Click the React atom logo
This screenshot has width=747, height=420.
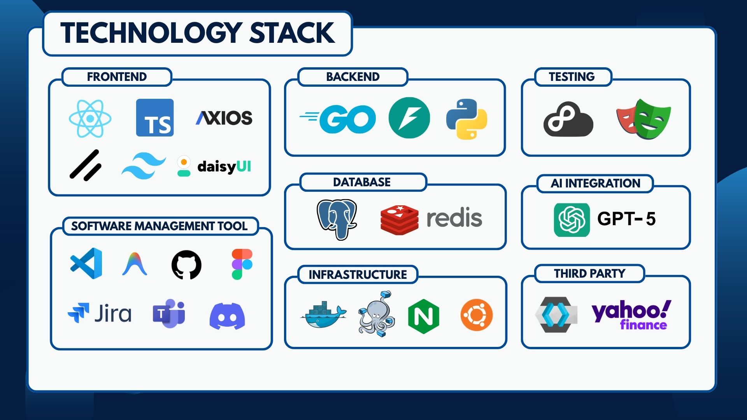pos(90,118)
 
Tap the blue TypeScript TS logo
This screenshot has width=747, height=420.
pos(155,118)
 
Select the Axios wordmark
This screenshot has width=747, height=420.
pos(224,118)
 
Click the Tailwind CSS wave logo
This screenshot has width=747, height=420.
pos(144,166)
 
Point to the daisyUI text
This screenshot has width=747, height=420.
pos(224,167)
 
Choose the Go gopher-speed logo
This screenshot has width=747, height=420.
pos(338,119)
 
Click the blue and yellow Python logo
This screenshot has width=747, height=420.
pos(466,119)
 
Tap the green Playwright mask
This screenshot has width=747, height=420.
pos(652,119)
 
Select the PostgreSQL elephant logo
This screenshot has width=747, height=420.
pos(337,219)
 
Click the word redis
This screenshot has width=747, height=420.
pos(454,218)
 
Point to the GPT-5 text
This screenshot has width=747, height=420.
pos(626,219)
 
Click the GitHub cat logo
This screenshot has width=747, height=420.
pos(186,265)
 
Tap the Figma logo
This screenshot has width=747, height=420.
pos(242,264)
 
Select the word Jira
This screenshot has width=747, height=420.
pos(113,314)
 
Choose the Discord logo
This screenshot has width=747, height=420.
pos(227,316)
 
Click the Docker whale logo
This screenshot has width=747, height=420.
pos(323,315)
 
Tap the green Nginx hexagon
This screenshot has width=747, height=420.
pos(423,316)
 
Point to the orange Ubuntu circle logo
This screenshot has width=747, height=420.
pos(476,315)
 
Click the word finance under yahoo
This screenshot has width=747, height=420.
pos(643,325)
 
